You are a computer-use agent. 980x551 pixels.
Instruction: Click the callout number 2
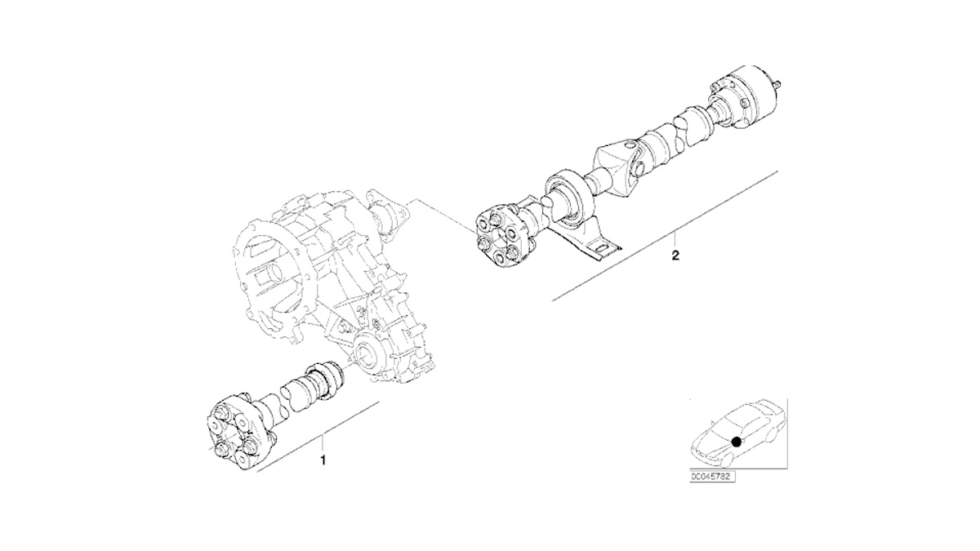pos(675,256)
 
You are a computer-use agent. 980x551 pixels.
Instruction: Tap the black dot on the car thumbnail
pos(737,442)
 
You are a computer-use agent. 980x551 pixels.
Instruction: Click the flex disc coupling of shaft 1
pos(238,434)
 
